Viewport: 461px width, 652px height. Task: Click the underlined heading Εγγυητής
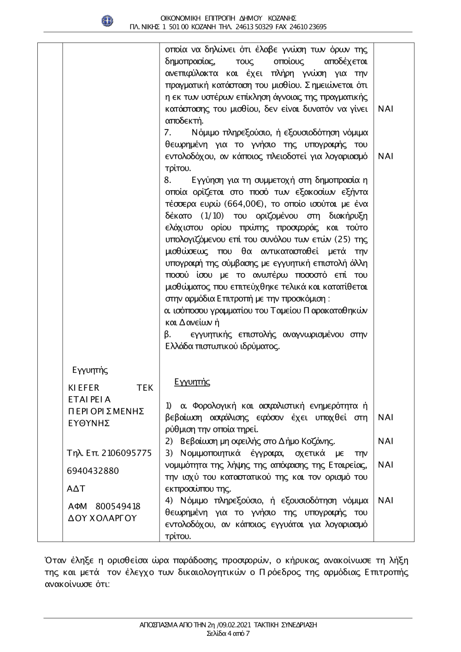pos(192,382)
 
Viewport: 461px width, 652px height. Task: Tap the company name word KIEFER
pos(83,388)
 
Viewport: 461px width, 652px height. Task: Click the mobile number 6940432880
pos(93,470)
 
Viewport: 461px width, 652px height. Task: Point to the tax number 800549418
pos(118,506)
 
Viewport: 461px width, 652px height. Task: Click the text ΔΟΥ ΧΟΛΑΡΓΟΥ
pos(102,518)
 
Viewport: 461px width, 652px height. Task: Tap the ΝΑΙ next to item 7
pos(385,156)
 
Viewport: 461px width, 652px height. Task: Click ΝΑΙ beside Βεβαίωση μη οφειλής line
pos(385,441)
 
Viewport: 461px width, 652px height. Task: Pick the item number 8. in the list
pos(168,180)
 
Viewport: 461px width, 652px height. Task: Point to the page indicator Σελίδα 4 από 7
pos(229,633)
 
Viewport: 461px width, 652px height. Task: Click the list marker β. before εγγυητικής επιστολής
pos(168,334)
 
